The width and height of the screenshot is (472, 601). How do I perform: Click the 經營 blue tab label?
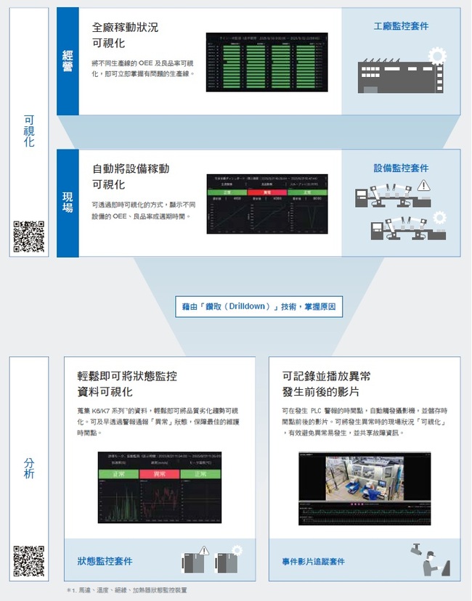67,61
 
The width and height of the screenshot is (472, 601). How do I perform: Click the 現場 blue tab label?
67,203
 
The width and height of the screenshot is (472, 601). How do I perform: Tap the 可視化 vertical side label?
29,131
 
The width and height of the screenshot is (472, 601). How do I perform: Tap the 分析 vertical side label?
29,468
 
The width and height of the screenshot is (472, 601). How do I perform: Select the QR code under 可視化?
29,237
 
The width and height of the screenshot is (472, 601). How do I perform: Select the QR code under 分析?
29,561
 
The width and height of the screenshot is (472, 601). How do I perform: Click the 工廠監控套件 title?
401,26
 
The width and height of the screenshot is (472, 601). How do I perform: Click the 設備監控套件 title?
401,168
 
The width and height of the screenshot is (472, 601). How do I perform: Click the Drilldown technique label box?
259,307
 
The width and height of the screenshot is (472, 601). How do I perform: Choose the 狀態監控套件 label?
105,561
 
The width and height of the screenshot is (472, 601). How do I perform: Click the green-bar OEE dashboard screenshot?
266,62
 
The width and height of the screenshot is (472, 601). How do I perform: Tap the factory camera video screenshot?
365,488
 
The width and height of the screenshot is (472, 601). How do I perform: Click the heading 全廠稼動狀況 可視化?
125,35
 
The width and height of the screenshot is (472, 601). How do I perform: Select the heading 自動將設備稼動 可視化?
131,176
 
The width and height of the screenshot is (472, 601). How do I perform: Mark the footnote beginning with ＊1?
126,590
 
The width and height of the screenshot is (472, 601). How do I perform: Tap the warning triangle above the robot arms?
423,186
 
